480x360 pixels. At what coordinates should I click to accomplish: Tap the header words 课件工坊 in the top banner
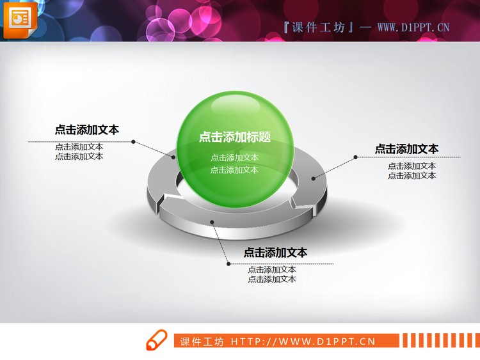[317, 27]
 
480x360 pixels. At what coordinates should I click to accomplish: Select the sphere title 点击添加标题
[234, 137]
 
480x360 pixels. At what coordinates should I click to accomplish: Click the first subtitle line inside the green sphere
[234, 157]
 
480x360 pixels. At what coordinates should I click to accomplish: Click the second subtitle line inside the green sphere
[234, 170]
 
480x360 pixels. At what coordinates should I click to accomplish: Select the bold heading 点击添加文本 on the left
[86, 130]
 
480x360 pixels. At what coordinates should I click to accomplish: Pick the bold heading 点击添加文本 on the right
[406, 149]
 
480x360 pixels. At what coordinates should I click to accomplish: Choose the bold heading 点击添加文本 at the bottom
[275, 253]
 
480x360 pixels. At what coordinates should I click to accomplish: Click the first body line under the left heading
[79, 146]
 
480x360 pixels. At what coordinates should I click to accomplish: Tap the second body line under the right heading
[412, 175]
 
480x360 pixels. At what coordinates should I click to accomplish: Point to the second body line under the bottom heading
[272, 279]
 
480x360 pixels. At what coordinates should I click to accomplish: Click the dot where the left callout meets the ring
[173, 156]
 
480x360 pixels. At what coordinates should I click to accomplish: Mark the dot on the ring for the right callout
[314, 178]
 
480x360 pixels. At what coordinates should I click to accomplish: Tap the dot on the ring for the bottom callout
[212, 223]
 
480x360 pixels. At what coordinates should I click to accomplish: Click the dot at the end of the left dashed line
[133, 141]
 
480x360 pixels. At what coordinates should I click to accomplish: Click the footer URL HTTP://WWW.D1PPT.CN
[303, 341]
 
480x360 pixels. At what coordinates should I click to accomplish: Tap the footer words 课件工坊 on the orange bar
[202, 341]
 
